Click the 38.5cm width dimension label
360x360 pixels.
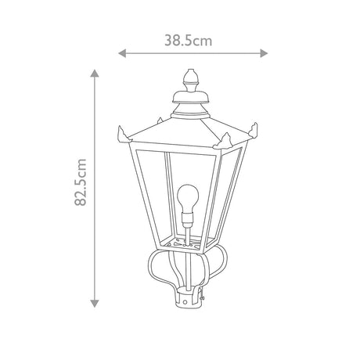(x=188, y=41)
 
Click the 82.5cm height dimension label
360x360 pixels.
(x=81, y=182)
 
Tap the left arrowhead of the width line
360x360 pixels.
(x=122, y=53)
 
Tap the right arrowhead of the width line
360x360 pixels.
(x=264, y=53)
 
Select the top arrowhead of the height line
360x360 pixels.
(x=95, y=74)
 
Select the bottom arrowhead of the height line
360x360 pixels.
(x=95, y=304)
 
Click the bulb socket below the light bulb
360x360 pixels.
(x=188, y=219)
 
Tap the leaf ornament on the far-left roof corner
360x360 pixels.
(x=123, y=135)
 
